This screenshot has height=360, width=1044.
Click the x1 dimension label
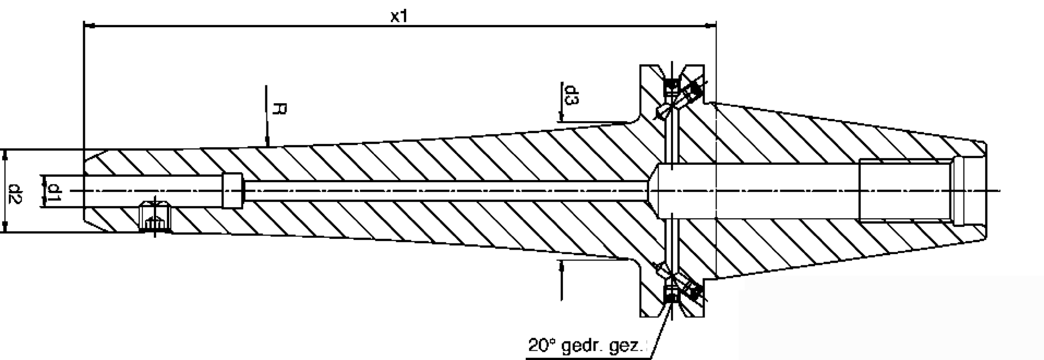coord(399,16)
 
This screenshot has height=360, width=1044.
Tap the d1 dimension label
coord(54,191)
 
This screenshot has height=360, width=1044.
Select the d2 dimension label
coord(15,191)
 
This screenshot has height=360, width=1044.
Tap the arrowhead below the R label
coord(267,142)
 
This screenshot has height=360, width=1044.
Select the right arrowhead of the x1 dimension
coord(710,25)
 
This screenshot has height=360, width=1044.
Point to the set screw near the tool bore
coord(154,217)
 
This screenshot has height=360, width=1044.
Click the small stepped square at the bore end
coord(233,190)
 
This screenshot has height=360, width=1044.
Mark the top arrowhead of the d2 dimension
coord(5,155)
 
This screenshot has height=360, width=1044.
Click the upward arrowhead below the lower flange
coord(561,265)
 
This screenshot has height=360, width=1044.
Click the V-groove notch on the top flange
coord(672,71)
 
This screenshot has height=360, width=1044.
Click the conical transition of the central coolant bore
coord(652,190)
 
